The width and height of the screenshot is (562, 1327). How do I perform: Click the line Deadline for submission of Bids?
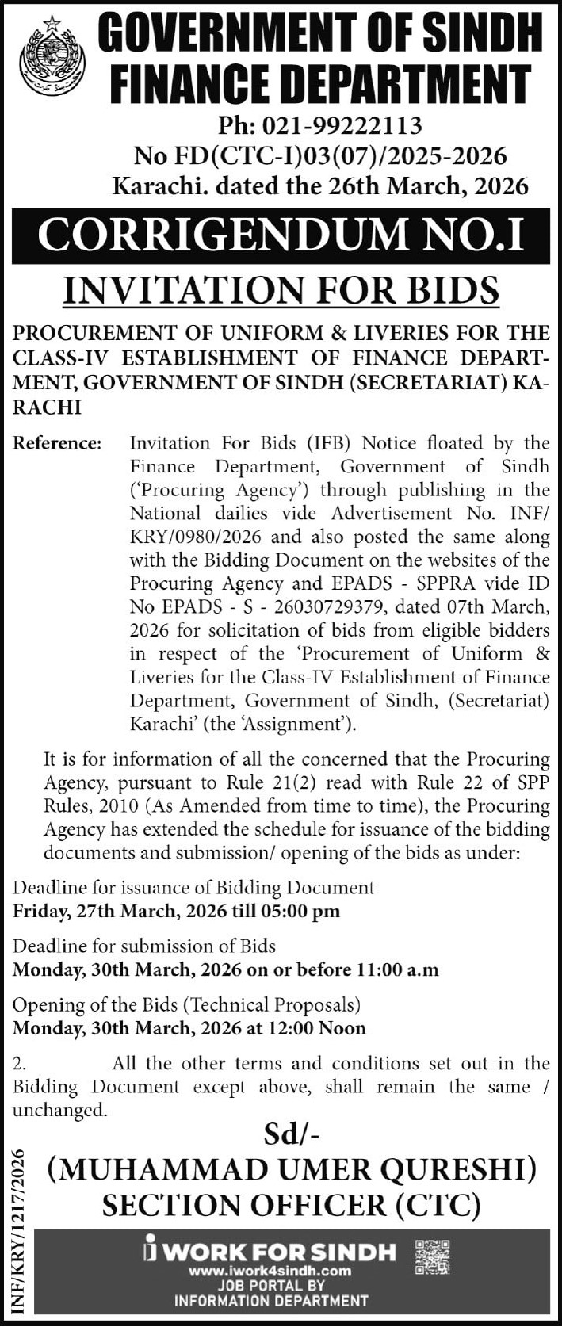(x=144, y=946)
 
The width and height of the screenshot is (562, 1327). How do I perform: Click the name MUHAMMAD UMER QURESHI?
(x=291, y=1169)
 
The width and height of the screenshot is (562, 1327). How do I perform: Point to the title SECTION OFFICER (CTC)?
(x=291, y=1206)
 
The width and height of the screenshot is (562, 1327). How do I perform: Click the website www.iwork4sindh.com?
(x=270, y=1271)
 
